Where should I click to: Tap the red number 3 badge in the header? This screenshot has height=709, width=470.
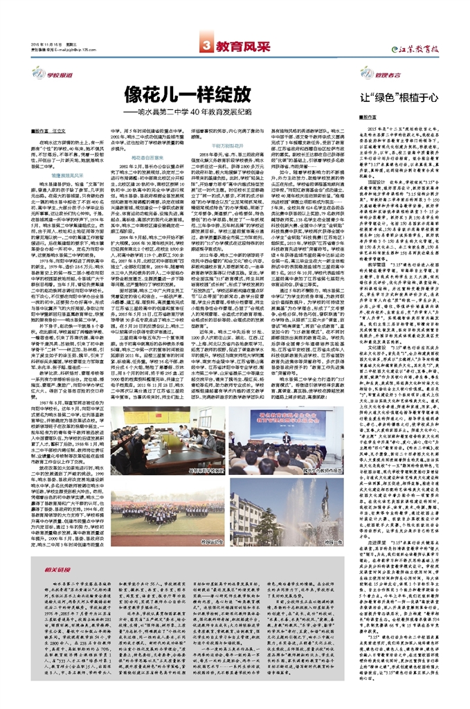[x=206, y=45]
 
